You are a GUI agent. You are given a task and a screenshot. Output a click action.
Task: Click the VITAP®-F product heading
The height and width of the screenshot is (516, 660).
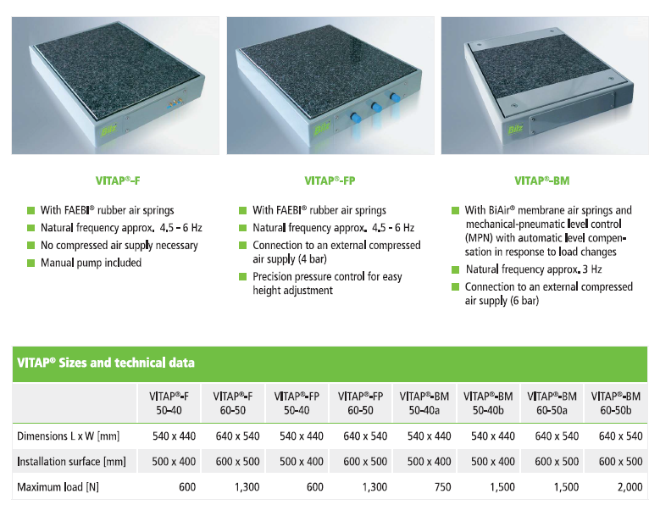click(x=118, y=181)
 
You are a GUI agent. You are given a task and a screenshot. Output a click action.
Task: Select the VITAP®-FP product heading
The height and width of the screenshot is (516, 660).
click(x=330, y=181)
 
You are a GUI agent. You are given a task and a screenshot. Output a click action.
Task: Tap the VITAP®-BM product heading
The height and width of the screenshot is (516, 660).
click(x=542, y=181)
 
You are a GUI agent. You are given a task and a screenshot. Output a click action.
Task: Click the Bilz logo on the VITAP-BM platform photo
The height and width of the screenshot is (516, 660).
click(x=515, y=129)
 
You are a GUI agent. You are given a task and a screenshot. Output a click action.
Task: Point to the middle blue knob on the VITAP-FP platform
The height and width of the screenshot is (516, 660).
click(x=376, y=107)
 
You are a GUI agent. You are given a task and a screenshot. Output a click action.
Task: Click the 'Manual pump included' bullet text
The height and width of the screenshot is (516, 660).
click(x=91, y=263)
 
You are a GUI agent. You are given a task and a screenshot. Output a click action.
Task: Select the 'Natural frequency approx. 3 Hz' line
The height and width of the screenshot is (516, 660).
click(x=534, y=269)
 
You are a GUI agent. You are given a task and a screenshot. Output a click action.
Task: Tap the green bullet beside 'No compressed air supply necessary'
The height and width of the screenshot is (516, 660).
click(x=31, y=246)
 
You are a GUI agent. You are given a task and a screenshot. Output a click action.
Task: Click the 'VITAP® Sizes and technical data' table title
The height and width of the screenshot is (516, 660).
click(x=106, y=363)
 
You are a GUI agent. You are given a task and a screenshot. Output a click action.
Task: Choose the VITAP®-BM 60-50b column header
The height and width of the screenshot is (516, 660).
click(x=616, y=403)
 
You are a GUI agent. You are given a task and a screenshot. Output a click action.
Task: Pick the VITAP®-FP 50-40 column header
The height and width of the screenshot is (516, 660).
click(x=297, y=403)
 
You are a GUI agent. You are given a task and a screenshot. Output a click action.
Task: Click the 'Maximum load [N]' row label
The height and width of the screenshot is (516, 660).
click(x=58, y=487)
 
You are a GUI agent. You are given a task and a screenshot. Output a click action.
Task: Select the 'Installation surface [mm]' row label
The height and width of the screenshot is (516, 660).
click(x=71, y=462)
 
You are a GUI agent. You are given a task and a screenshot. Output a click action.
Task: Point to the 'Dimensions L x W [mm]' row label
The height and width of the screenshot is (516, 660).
click(x=68, y=436)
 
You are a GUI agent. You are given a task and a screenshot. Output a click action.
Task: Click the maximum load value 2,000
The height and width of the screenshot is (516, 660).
click(x=629, y=487)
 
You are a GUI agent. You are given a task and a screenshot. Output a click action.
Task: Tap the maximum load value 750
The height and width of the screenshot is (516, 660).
click(x=442, y=487)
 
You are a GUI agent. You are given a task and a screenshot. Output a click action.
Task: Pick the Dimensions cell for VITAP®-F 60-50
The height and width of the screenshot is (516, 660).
click(x=238, y=436)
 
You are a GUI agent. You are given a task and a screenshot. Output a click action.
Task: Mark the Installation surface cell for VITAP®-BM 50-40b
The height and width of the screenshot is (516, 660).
click(x=493, y=462)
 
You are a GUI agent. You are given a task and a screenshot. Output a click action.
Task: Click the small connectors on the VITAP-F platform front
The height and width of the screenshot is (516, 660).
click(x=175, y=103)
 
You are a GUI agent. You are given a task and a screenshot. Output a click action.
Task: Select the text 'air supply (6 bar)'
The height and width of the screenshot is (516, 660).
click(x=502, y=301)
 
